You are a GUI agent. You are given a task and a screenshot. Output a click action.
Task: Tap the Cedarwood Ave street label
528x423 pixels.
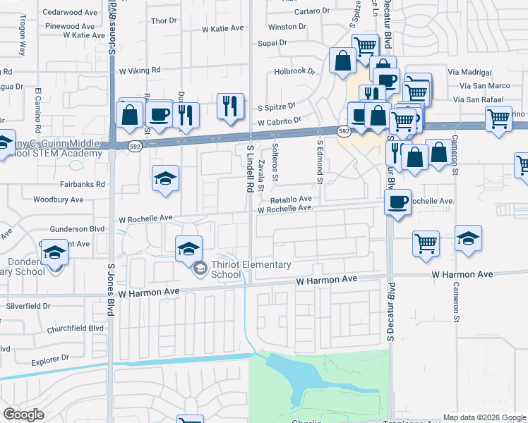click(x=70, y=12)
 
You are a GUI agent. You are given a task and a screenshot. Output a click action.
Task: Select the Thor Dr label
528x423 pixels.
click(x=163, y=20)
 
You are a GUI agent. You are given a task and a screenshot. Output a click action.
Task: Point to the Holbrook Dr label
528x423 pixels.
click(x=294, y=71)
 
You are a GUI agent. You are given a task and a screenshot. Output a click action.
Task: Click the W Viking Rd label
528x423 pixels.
click(x=140, y=70)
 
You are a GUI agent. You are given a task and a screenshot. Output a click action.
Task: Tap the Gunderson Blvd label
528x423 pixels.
click(x=78, y=229)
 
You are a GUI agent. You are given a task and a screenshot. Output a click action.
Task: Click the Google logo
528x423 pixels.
click(x=23, y=414)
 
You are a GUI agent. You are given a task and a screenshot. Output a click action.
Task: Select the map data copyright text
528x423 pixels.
click(x=484, y=417)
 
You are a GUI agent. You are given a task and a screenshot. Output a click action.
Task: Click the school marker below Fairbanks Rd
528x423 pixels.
click(x=165, y=178)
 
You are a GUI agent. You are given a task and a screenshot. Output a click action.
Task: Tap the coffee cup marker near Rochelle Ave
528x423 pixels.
click(x=397, y=202)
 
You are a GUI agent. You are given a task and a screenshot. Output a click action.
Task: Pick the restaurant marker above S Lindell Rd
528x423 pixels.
click(x=230, y=106)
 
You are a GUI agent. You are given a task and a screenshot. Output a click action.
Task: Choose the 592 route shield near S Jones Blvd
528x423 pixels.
click(x=134, y=145)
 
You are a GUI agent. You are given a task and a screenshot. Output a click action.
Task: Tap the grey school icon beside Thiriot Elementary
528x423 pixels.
click(x=200, y=267)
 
